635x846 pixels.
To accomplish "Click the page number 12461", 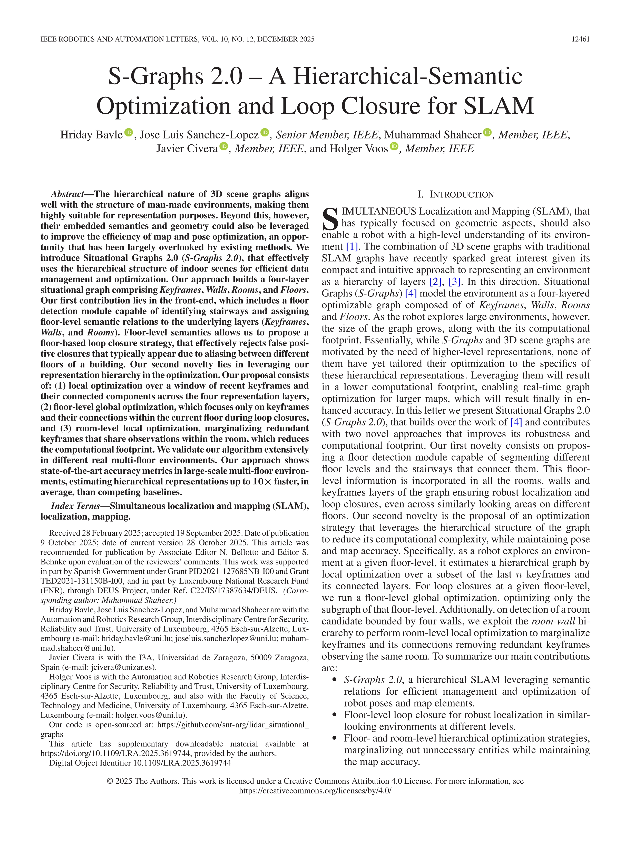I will [580, 39].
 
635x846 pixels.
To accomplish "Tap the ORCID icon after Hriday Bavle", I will [129, 133].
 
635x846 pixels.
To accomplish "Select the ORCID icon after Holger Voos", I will [394, 146].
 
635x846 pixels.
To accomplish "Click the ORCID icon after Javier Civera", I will [224, 146].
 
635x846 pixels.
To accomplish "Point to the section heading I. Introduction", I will [456, 194].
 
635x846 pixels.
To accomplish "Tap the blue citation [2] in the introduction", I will [436, 282].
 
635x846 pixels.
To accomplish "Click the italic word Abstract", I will [67, 194].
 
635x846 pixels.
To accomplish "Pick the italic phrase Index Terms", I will [75, 506].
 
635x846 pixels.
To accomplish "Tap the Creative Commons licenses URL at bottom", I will [315, 791].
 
